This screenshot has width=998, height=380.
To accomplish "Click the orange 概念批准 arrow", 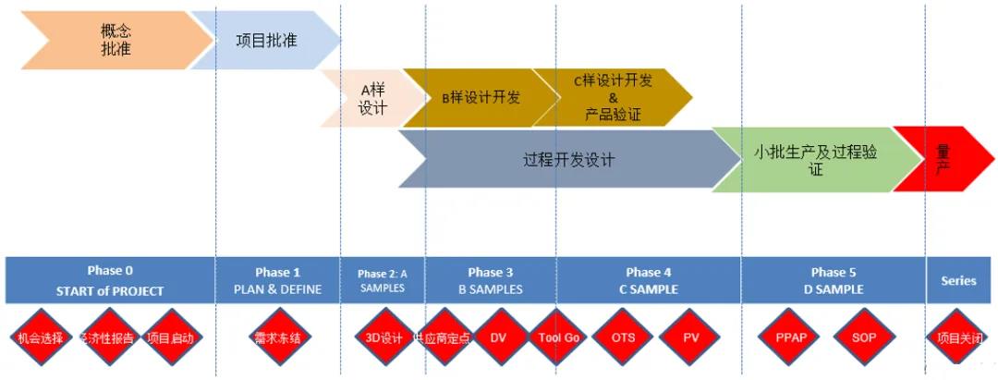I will (116, 40).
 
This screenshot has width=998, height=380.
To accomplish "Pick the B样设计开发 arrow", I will (481, 97).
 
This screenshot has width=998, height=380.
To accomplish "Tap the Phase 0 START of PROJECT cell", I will (111, 280).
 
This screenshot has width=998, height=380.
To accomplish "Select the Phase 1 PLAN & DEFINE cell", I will (277, 280).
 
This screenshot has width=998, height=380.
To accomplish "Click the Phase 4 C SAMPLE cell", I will (648, 280).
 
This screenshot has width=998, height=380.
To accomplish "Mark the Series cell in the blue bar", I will (958, 280).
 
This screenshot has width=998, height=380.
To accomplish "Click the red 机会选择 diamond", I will (40, 338).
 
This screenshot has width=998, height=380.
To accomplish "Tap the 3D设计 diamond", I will (383, 338).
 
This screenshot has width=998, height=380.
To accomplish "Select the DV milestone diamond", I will (497, 338).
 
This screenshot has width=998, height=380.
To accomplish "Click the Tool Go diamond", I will (558, 338).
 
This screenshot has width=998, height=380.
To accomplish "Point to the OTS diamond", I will (623, 338).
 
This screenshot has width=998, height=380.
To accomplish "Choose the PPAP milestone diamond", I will (792, 338).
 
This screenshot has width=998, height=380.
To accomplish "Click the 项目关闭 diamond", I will (958, 338).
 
